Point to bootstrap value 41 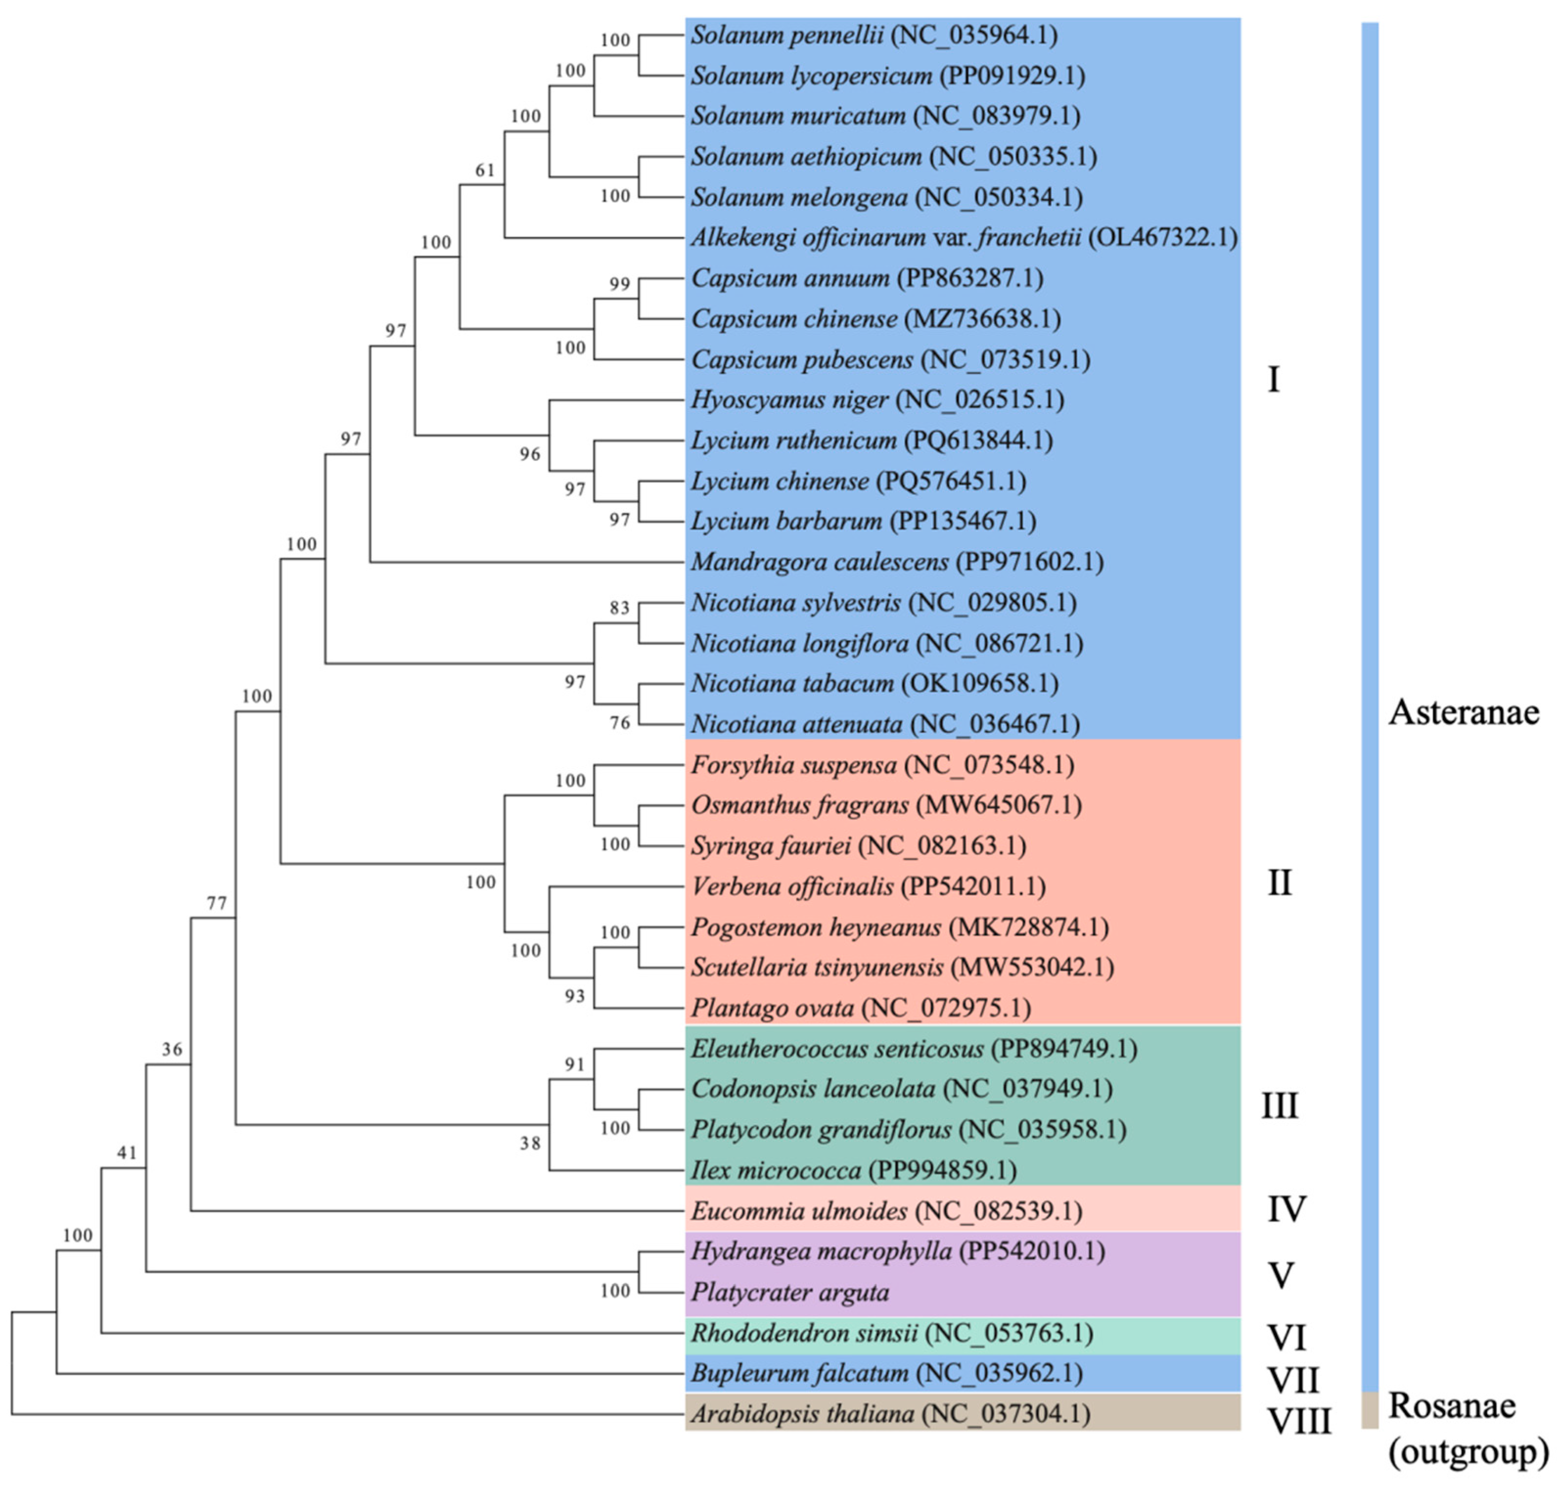click(127, 1152)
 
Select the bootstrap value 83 click(619, 608)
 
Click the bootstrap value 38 click(530, 1144)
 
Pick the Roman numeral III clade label click(1280, 1106)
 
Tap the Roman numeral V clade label click(1281, 1275)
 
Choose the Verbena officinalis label click(792, 886)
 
